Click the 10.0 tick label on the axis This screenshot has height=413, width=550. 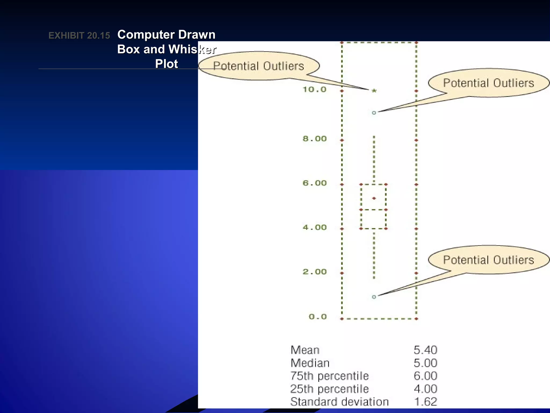[x=314, y=90]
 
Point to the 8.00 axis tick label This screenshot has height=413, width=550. [x=314, y=139]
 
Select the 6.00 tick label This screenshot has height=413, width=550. [x=314, y=183]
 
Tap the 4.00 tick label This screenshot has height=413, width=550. [x=314, y=227]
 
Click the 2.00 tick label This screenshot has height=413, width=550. [x=314, y=272]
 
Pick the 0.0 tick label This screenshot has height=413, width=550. [x=318, y=317]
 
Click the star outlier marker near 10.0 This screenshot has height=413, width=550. [x=374, y=91]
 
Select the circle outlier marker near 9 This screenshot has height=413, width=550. [x=374, y=113]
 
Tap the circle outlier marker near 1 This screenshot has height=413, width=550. [x=374, y=297]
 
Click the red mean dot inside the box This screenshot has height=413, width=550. [x=374, y=198]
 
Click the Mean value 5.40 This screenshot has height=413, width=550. [x=425, y=350]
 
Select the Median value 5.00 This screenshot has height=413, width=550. [x=425, y=363]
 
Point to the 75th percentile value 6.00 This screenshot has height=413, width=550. [x=425, y=376]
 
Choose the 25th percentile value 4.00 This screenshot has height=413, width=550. [x=425, y=389]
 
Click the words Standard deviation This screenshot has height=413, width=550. [x=339, y=402]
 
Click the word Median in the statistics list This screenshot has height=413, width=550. [x=310, y=363]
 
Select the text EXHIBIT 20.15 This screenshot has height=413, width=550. [x=79, y=35]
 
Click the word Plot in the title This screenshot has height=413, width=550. [x=167, y=64]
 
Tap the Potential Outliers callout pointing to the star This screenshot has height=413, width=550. [x=258, y=66]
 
